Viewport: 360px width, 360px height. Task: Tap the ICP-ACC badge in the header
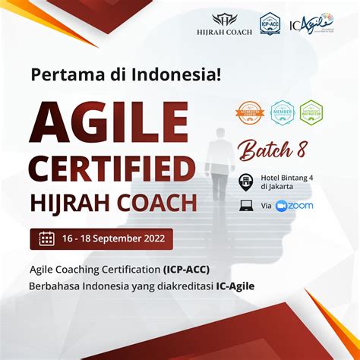[270, 24]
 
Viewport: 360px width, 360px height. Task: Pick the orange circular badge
[250, 112]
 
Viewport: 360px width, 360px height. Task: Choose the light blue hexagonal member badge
[283, 112]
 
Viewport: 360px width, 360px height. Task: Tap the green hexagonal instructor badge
[311, 112]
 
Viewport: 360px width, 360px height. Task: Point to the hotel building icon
[246, 181]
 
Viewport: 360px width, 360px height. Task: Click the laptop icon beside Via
[246, 205]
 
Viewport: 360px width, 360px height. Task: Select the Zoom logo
[295, 206]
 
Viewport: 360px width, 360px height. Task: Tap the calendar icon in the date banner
[46, 238]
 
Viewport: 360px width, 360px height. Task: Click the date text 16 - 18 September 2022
[114, 238]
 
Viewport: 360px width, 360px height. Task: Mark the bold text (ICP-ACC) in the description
[186, 270]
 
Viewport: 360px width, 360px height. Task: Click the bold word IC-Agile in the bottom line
[230, 286]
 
